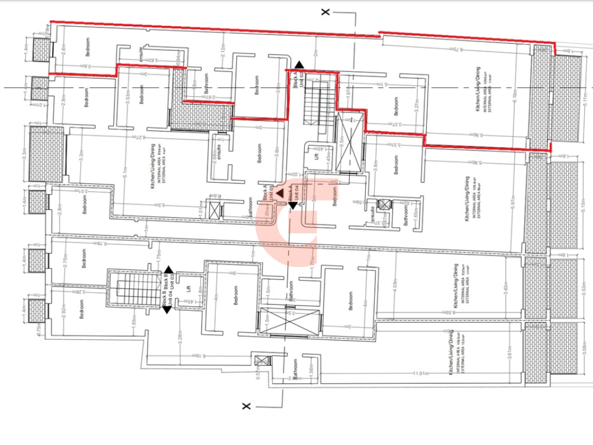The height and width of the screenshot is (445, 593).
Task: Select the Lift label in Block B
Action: click(x=189, y=290)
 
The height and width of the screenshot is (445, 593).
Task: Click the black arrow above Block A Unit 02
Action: click(x=300, y=64)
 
